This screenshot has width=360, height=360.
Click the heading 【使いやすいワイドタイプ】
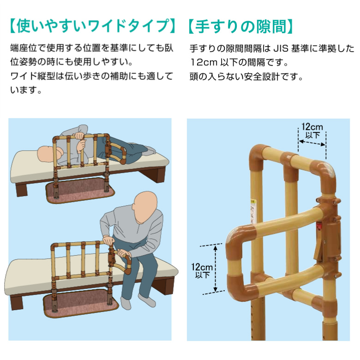92,26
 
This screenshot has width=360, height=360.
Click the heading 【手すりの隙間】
240,26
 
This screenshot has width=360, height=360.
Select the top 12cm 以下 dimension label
312,131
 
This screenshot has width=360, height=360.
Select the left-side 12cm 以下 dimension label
202,270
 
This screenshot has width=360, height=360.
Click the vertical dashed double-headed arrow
216,269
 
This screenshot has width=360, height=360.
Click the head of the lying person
48,153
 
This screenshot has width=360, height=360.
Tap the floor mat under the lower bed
81,302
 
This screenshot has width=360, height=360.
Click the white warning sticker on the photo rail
253,211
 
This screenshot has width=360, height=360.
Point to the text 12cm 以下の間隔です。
239,62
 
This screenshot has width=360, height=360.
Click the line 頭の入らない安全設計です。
246,77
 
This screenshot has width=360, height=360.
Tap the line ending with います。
26,90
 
